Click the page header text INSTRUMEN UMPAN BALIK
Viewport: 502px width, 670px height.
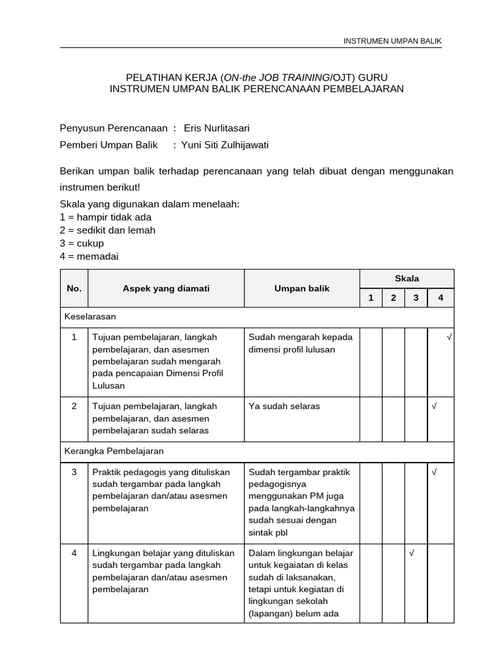coord(393,41)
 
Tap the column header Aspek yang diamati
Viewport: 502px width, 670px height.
coord(166,289)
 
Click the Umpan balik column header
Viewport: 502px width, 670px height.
coord(302,289)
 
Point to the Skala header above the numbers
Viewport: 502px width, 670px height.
coord(407,279)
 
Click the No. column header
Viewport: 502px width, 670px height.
coord(74,289)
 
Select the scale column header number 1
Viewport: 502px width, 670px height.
coord(371,298)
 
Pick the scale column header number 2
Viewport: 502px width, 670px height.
coord(393,298)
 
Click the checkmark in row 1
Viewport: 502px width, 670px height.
coord(450,337)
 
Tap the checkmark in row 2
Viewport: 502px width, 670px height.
coord(434,406)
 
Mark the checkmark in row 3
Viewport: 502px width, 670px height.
coord(434,472)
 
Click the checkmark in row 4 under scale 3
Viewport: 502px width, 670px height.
coord(411,553)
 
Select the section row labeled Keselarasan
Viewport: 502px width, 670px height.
coord(90,317)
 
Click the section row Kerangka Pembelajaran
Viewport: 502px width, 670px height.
coord(114,451)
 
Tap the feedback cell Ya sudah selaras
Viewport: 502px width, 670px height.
coord(284,406)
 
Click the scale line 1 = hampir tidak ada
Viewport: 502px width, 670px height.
coord(105,217)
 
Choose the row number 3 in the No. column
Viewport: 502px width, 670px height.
coord(74,472)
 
